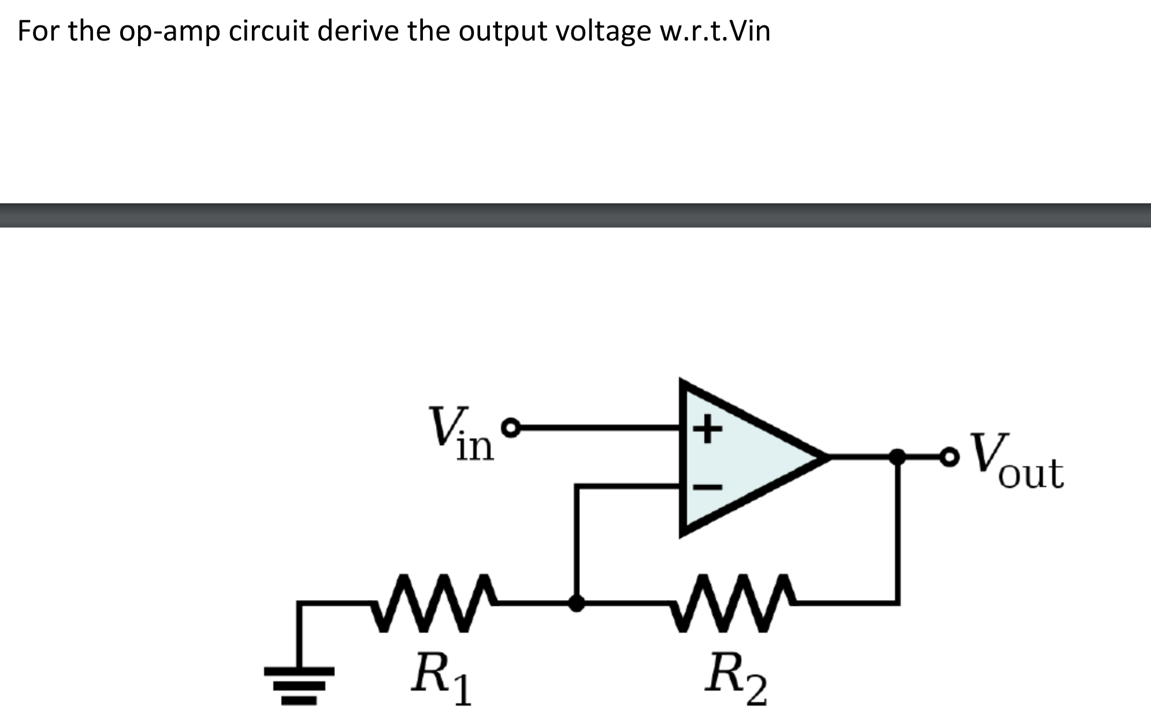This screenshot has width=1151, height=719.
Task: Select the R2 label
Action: [x=736, y=678]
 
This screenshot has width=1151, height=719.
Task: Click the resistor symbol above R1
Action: [x=433, y=603]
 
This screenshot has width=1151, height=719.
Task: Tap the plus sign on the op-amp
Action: [x=707, y=429]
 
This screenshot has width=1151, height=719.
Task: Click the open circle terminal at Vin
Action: [x=510, y=428]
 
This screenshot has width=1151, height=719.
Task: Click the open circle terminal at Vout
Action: [x=949, y=457]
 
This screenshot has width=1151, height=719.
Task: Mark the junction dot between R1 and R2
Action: [x=576, y=603]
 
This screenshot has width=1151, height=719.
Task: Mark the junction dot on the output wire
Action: [x=897, y=457]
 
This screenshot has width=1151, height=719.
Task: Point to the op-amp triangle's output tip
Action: [x=826, y=457]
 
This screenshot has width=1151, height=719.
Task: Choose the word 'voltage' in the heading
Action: [x=603, y=32]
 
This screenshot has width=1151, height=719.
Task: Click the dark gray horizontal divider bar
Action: [x=575, y=215]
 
